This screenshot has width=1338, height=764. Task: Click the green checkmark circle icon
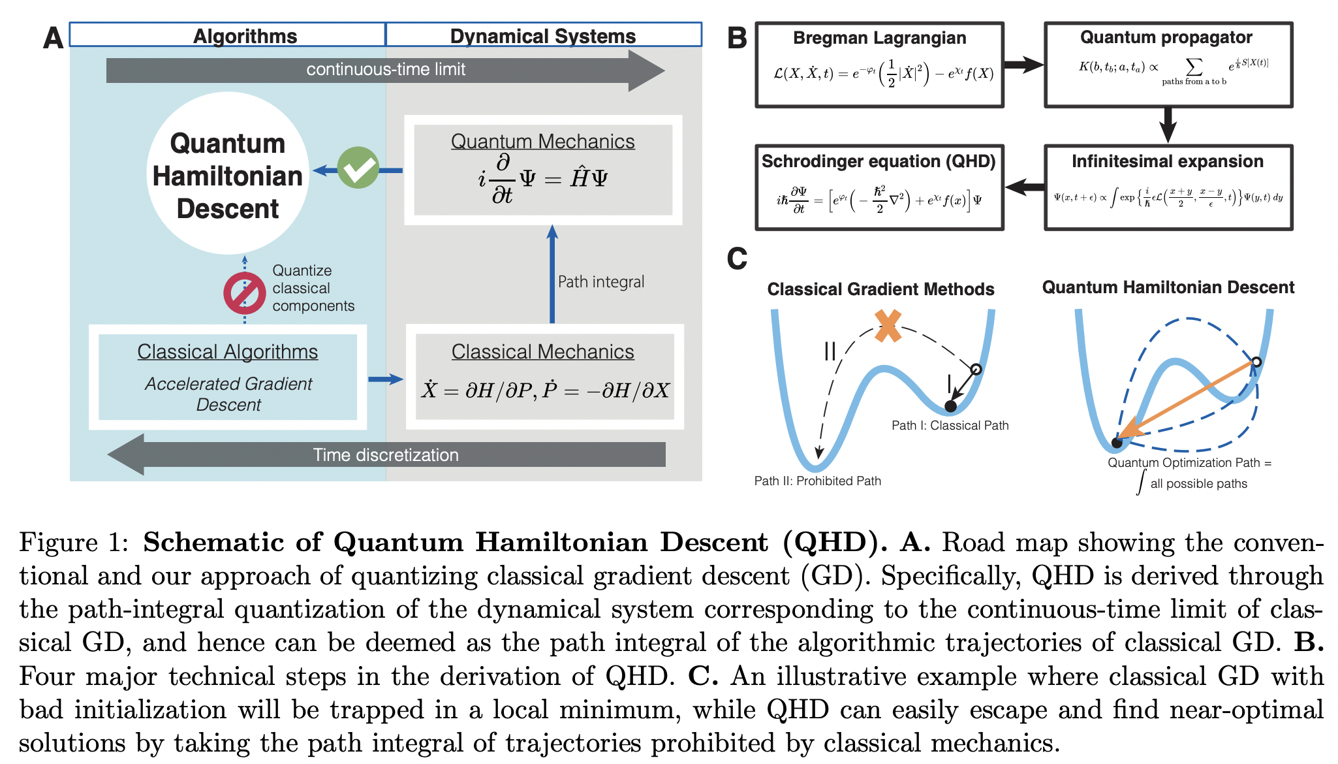click(358, 168)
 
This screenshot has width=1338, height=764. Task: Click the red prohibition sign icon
click(244, 293)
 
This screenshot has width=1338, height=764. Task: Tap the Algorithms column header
click(245, 36)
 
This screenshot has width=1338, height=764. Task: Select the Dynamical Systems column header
click(542, 36)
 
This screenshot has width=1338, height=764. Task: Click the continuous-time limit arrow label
click(386, 69)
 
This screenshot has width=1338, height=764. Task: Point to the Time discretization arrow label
click(386, 454)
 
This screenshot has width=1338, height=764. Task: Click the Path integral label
click(600, 281)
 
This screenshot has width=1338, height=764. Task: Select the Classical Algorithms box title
click(227, 351)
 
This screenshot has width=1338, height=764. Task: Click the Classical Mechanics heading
click(542, 351)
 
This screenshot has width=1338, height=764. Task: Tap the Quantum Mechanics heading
click(542, 141)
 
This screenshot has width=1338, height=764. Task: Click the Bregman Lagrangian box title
click(879, 38)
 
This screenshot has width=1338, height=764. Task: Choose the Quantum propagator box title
click(1166, 37)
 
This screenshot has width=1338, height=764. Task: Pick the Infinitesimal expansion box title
click(1167, 161)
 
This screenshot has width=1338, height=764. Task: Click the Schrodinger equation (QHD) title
click(879, 161)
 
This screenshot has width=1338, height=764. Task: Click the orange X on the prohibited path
click(888, 326)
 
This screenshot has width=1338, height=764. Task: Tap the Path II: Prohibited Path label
click(817, 481)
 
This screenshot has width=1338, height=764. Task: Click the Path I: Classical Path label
click(950, 425)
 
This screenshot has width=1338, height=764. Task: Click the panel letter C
click(737, 259)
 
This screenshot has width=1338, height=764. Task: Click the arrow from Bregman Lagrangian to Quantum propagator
click(1023, 64)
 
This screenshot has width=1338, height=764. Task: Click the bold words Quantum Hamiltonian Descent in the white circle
click(227, 176)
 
